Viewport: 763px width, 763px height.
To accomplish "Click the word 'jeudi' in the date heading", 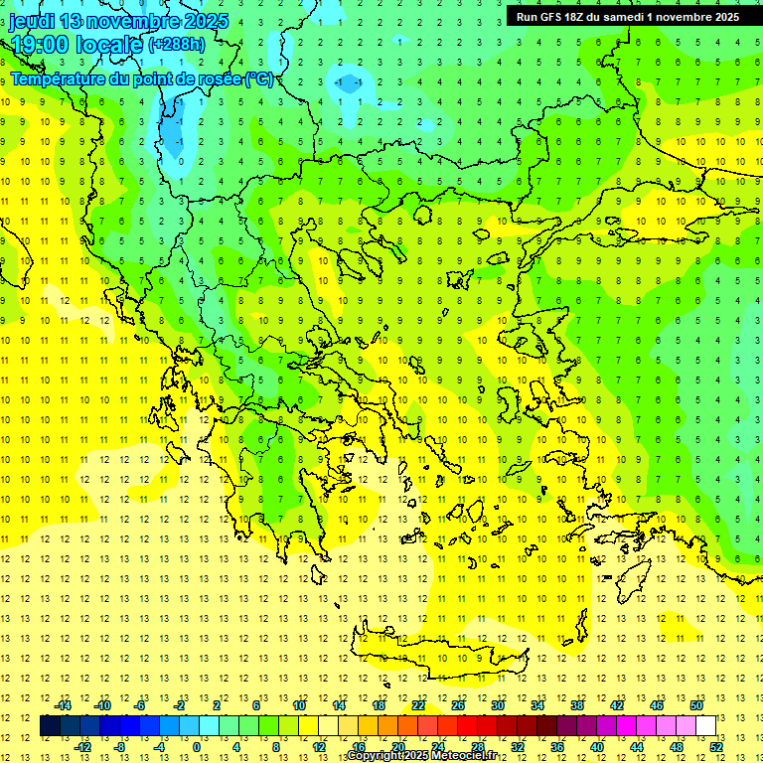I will pos(31,21).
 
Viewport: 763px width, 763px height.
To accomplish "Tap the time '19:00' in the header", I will pos(40,45).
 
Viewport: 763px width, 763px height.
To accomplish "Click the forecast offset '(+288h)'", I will pos(177,45).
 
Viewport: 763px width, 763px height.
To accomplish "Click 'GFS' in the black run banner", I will pos(551,17).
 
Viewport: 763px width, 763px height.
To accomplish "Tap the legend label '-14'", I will pos(63,705).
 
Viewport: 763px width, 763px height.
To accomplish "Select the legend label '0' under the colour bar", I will pos(197,747).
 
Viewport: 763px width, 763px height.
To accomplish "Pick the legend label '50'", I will pos(696,705).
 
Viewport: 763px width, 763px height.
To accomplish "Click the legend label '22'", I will pos(418,705).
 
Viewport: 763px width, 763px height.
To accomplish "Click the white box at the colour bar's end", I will pos(705,726).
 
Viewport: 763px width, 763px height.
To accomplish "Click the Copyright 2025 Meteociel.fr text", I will pos(422,756).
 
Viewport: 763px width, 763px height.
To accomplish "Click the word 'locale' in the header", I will pos(109,45).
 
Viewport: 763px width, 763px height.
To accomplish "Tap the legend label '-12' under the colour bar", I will pos(83,747).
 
